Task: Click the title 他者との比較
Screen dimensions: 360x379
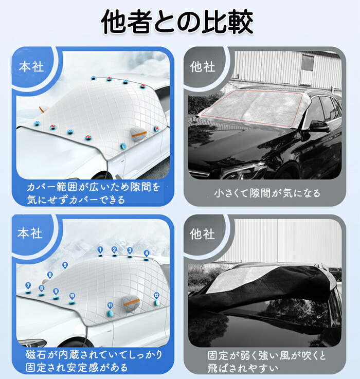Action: [x=177, y=22]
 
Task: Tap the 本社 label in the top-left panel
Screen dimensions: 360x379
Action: [x=31, y=67]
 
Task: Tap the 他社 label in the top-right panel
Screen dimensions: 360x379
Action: [x=203, y=67]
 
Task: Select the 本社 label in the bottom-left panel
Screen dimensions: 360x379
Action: [x=30, y=233]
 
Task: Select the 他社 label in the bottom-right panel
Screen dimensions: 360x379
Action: [x=202, y=234]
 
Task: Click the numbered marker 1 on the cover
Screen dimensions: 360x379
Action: [x=100, y=250]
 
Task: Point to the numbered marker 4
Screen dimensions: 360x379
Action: [x=146, y=254]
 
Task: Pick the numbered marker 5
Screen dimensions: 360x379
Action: [x=65, y=265]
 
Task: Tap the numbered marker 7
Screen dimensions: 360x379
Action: [x=28, y=286]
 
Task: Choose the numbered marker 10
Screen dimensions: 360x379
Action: [x=72, y=296]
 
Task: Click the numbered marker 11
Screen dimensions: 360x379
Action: [x=110, y=305]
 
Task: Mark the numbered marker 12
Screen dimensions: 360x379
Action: [x=156, y=295]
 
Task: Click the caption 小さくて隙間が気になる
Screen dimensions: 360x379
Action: [x=267, y=193]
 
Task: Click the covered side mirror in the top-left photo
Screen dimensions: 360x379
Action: [x=138, y=134]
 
